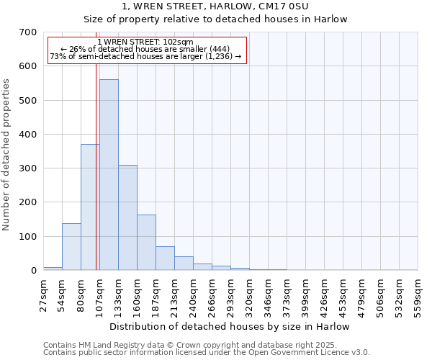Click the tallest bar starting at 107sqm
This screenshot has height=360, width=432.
pos(109,175)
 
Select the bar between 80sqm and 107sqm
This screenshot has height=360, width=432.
pos(90,207)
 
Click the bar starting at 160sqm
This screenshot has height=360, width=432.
pos(146,243)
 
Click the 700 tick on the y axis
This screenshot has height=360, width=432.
pos(28,32)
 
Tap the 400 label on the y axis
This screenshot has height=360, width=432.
pos(28,135)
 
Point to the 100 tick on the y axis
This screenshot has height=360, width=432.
pos(28,237)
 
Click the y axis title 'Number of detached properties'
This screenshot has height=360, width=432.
pos(7,155)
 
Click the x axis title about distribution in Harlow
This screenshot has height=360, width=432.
pos(230,326)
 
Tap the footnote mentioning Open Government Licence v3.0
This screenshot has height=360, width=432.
pos(207,353)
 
